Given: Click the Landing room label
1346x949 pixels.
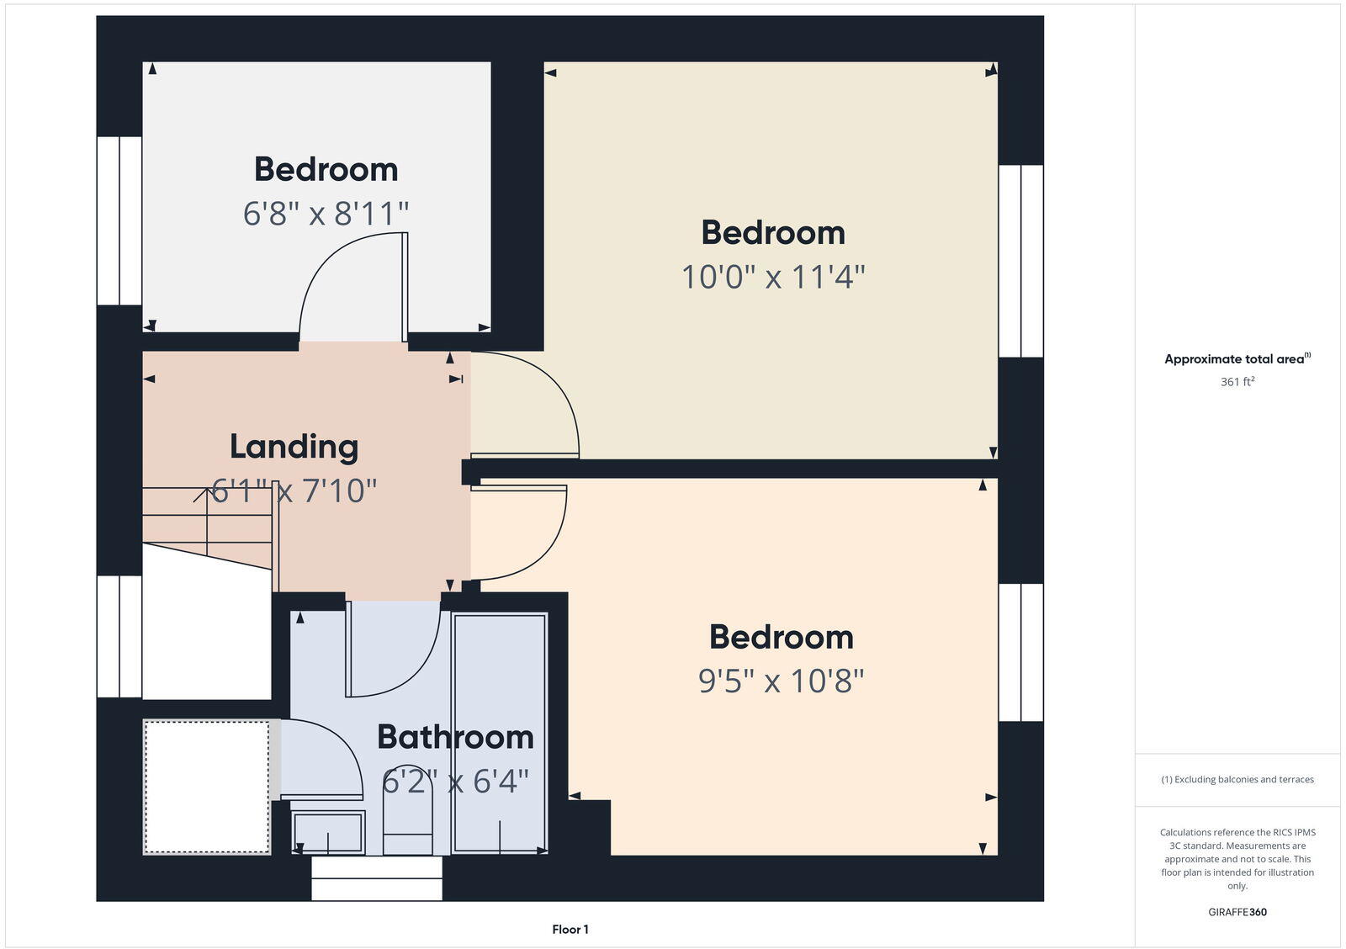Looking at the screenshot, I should click(x=294, y=447).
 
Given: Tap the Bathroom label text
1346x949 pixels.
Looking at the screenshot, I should click(x=455, y=737).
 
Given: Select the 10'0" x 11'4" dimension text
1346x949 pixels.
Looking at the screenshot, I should click(x=772, y=277).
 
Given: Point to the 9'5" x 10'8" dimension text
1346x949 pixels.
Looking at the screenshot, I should click(x=781, y=681).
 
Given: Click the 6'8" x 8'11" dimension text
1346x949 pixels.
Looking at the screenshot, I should click(x=326, y=214).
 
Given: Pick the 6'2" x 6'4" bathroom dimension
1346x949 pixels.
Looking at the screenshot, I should click(x=455, y=782).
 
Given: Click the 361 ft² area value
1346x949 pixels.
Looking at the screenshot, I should click(x=1237, y=382).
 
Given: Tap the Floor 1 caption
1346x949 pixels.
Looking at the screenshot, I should click(x=570, y=930).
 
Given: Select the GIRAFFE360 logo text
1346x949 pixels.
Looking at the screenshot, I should click(x=1237, y=912).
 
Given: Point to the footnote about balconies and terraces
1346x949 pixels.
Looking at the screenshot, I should click(x=1237, y=780).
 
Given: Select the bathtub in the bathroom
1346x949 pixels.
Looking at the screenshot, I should click(x=500, y=734).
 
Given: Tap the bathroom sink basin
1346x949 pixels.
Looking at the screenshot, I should click(x=328, y=832).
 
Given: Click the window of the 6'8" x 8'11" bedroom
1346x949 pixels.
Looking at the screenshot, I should click(x=119, y=220).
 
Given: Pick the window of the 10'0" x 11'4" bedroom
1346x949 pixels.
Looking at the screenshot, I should click(x=1020, y=261).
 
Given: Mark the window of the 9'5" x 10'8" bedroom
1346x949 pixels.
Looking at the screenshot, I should click(x=1020, y=653).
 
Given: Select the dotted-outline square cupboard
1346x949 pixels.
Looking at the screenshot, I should click(x=207, y=787).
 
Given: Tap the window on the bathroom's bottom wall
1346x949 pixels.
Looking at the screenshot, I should click(x=377, y=878).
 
